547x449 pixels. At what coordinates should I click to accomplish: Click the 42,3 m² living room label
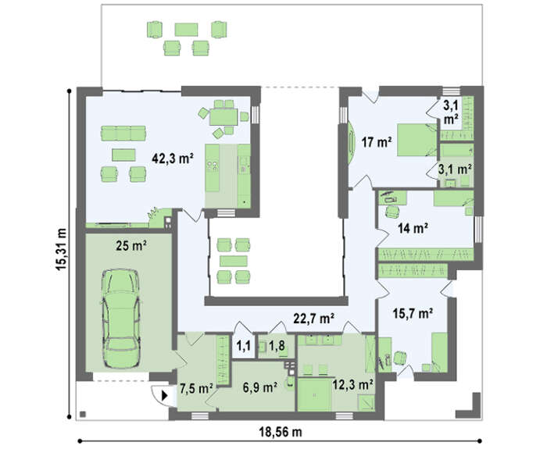(x=173, y=159)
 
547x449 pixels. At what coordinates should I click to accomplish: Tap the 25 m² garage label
(x=131, y=246)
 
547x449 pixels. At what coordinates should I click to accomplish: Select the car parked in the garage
(x=120, y=319)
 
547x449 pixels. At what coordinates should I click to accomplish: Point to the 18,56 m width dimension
(x=280, y=433)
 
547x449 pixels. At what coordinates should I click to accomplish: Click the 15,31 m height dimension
(x=60, y=249)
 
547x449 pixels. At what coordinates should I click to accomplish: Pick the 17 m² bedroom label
(x=377, y=142)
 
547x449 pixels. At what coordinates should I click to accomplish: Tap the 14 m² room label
(x=413, y=228)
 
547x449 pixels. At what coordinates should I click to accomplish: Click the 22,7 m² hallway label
(x=314, y=318)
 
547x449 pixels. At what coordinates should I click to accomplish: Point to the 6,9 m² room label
(x=260, y=387)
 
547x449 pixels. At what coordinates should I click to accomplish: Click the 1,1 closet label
(x=243, y=346)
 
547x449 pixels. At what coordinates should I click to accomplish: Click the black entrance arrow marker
(x=165, y=396)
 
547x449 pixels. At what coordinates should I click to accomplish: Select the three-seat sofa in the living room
(x=123, y=134)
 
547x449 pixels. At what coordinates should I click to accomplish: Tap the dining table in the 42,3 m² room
(x=223, y=117)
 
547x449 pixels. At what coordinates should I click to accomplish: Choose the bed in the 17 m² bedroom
(x=417, y=140)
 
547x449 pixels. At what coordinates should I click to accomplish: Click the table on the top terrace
(x=186, y=30)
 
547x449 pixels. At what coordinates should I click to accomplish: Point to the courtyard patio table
(x=234, y=261)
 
